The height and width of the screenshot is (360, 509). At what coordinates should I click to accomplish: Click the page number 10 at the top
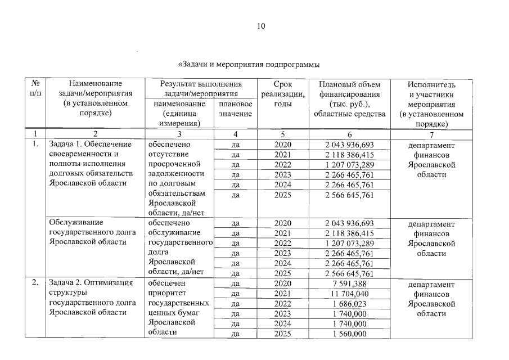coord(261,26)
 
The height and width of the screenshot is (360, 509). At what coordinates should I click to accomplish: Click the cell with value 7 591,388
coord(349,283)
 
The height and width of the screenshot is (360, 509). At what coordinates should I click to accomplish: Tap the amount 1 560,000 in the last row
coord(349,334)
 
